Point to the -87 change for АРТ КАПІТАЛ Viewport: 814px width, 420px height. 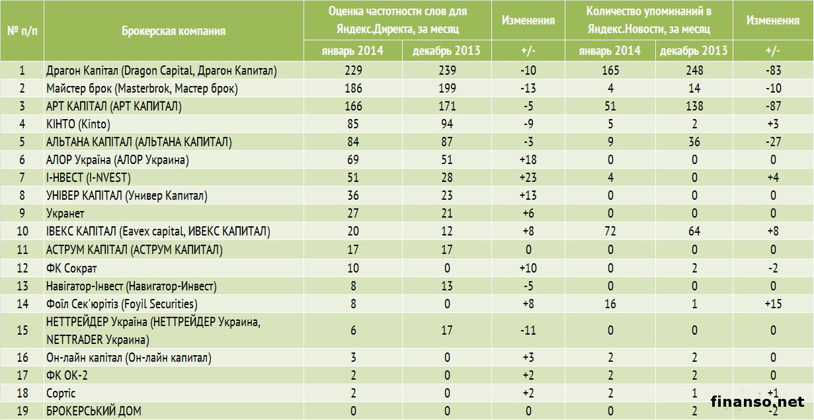pyautogui.click(x=772, y=106)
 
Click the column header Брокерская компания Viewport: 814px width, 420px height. pyautogui.click(x=173, y=30)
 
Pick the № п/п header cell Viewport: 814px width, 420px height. pyautogui.click(x=22, y=30)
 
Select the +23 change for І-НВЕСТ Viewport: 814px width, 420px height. pyautogui.click(x=528, y=178)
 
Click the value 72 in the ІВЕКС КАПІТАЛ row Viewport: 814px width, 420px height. pyautogui.click(x=610, y=231)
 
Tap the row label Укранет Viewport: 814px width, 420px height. pyautogui.click(x=65, y=214)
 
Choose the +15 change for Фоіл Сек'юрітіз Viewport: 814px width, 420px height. pyautogui.click(x=772, y=304)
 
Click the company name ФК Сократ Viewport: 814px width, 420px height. pyautogui.click(x=71, y=268)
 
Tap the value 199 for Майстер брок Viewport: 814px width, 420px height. pyautogui.click(x=446, y=88)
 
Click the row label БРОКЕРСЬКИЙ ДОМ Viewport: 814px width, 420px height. pyautogui.click(x=93, y=411)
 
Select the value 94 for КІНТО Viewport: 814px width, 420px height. pyautogui.click(x=446, y=124)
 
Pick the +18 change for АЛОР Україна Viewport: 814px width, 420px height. pyautogui.click(x=528, y=159)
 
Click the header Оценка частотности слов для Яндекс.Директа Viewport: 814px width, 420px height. pyautogui.click(x=397, y=21)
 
